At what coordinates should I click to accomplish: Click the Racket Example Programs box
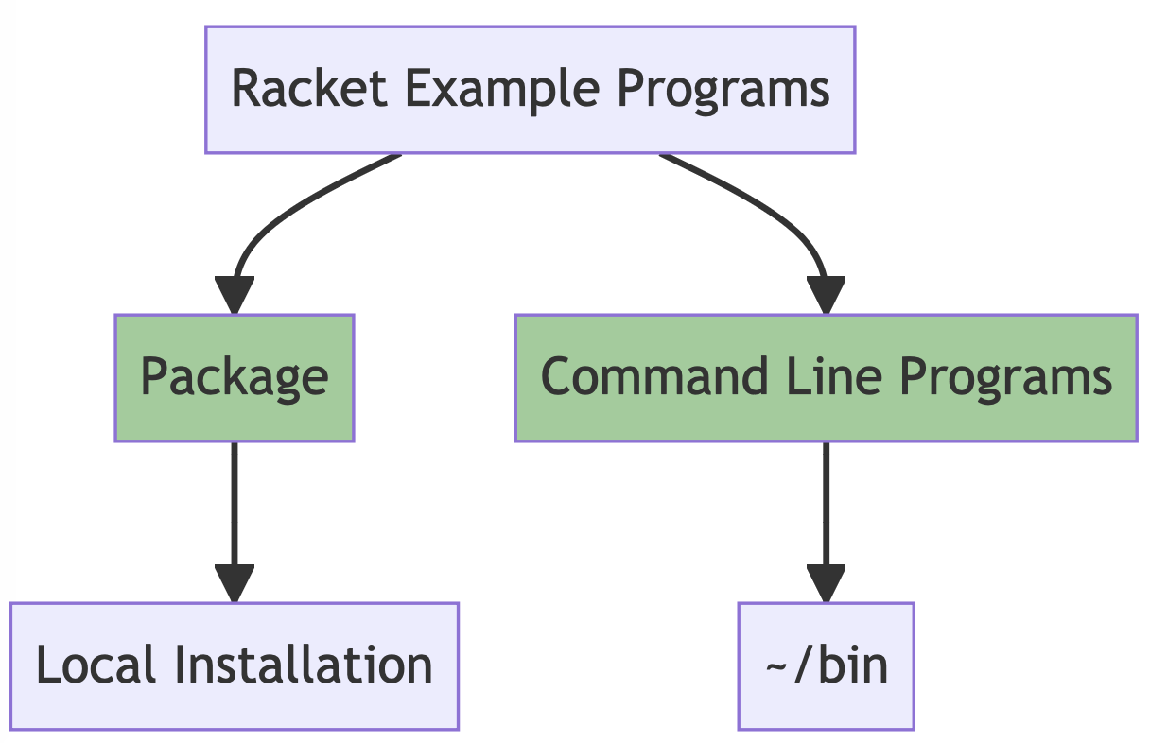tap(530, 89)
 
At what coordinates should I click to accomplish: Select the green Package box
tap(234, 377)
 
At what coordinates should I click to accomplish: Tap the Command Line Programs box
tap(826, 377)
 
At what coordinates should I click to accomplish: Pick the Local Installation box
tap(234, 665)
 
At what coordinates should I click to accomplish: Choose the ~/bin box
tap(826, 665)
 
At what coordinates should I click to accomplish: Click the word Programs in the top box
tap(723, 89)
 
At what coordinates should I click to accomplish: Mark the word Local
tap(95, 665)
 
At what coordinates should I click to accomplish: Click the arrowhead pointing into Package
tap(234, 296)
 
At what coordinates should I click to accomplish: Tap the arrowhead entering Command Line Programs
tap(826, 296)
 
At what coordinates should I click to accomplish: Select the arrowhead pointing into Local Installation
tap(234, 583)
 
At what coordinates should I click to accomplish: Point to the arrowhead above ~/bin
tap(826, 583)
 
